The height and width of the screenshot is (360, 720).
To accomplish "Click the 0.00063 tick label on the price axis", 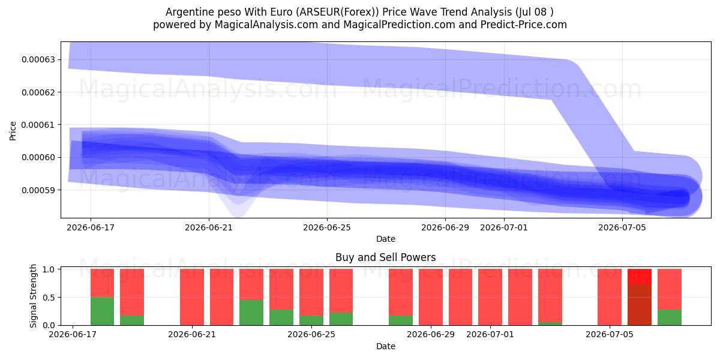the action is tap(38, 60).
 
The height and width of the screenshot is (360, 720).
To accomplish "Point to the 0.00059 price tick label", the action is tap(38, 190).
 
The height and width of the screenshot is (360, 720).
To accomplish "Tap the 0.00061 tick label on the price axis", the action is tap(38, 125).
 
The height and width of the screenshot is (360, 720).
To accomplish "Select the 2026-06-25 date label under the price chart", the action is tap(327, 228).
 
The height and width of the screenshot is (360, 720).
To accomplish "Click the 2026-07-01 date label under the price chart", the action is tap(504, 228).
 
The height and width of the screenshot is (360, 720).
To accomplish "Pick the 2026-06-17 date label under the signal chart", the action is tap(73, 335).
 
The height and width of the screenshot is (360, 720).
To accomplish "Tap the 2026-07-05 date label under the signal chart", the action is tap(610, 335).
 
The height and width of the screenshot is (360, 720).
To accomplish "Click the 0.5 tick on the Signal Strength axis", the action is tap(49, 298).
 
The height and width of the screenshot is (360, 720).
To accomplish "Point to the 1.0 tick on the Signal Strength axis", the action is tap(49, 269).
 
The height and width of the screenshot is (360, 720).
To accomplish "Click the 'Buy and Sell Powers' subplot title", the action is tap(386, 257).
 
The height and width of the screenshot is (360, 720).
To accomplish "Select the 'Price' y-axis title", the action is tap(13, 131).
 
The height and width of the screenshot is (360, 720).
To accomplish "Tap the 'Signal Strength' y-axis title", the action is tap(33, 296).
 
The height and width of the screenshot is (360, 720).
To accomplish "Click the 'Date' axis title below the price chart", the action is tap(386, 239).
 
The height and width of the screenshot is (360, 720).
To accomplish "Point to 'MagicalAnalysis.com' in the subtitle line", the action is tap(266, 25).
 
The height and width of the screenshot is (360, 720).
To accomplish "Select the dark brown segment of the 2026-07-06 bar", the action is tap(640, 305).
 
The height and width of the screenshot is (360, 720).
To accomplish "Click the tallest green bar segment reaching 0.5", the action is tap(102, 311).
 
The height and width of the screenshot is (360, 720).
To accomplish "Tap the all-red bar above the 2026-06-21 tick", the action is tap(192, 297).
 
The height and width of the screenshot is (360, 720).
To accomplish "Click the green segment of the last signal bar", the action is tap(670, 317).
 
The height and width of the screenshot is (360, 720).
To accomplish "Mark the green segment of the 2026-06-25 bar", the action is tap(311, 320).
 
